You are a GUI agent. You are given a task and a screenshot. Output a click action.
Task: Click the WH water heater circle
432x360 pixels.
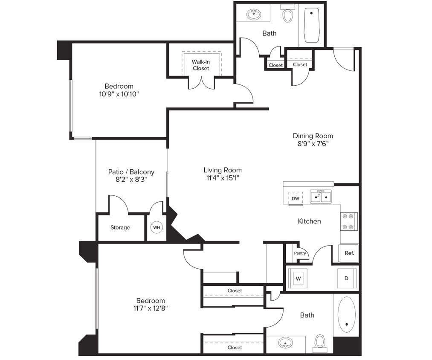pos(157,227)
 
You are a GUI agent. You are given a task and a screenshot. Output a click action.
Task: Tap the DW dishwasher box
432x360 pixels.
pos(296,198)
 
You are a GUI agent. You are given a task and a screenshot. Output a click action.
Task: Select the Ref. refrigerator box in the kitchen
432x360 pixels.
pos(349,253)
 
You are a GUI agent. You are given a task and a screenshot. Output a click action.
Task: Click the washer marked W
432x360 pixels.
pos(299,279)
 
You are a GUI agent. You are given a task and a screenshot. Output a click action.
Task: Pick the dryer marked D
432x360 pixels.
pos(346,279)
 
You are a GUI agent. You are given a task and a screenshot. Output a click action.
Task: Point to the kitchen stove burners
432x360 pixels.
pos(349,221)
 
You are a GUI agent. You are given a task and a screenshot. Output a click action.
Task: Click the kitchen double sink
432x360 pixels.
pos(320,197)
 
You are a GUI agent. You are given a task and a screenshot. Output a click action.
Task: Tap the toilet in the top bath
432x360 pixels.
pos(288,15)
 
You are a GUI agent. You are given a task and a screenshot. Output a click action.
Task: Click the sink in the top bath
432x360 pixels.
pos(255,15)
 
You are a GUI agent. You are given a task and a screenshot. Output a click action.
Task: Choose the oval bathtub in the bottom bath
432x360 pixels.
pos(346,315)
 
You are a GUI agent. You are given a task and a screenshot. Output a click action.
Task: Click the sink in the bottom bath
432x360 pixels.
pos(285,343)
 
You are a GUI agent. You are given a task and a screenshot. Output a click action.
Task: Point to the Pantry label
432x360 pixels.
pos(300,253)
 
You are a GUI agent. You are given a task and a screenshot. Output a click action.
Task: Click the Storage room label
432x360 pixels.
pos(120,228)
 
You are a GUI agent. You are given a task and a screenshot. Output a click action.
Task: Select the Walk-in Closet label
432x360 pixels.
pos(201,65)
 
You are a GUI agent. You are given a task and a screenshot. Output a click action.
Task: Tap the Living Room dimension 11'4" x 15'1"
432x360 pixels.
pos(222,178)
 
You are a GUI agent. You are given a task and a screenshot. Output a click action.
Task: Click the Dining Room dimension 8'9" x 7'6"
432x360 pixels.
pos(313,144)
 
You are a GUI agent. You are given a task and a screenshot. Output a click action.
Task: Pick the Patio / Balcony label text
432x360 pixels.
pos(131,172)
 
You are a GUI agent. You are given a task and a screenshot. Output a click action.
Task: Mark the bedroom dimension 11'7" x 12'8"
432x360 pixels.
pos(150,308)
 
